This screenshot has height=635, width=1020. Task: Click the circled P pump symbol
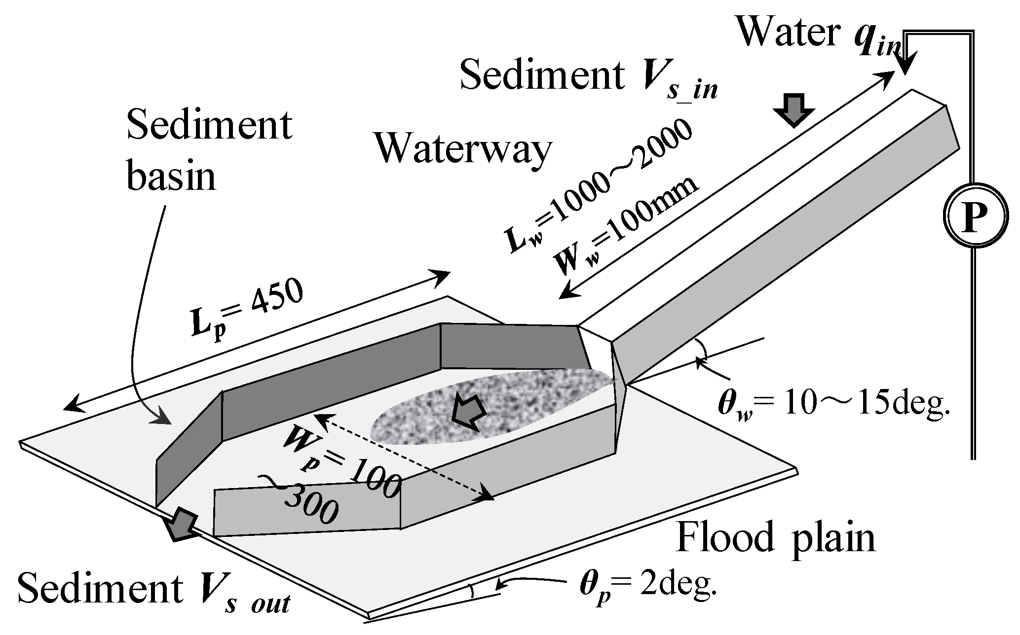(x=974, y=215)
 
